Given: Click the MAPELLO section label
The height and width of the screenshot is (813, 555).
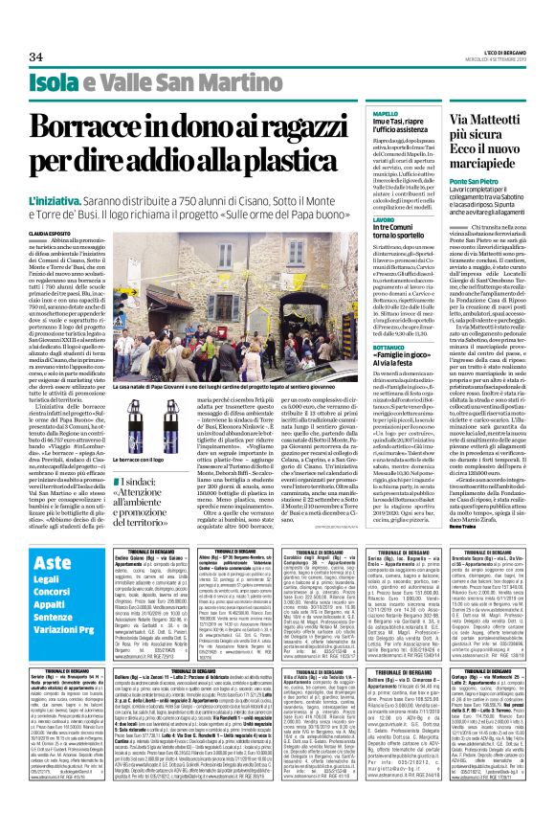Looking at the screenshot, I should click(x=385, y=114).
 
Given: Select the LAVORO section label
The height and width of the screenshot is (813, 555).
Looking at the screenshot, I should click(x=383, y=218).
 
